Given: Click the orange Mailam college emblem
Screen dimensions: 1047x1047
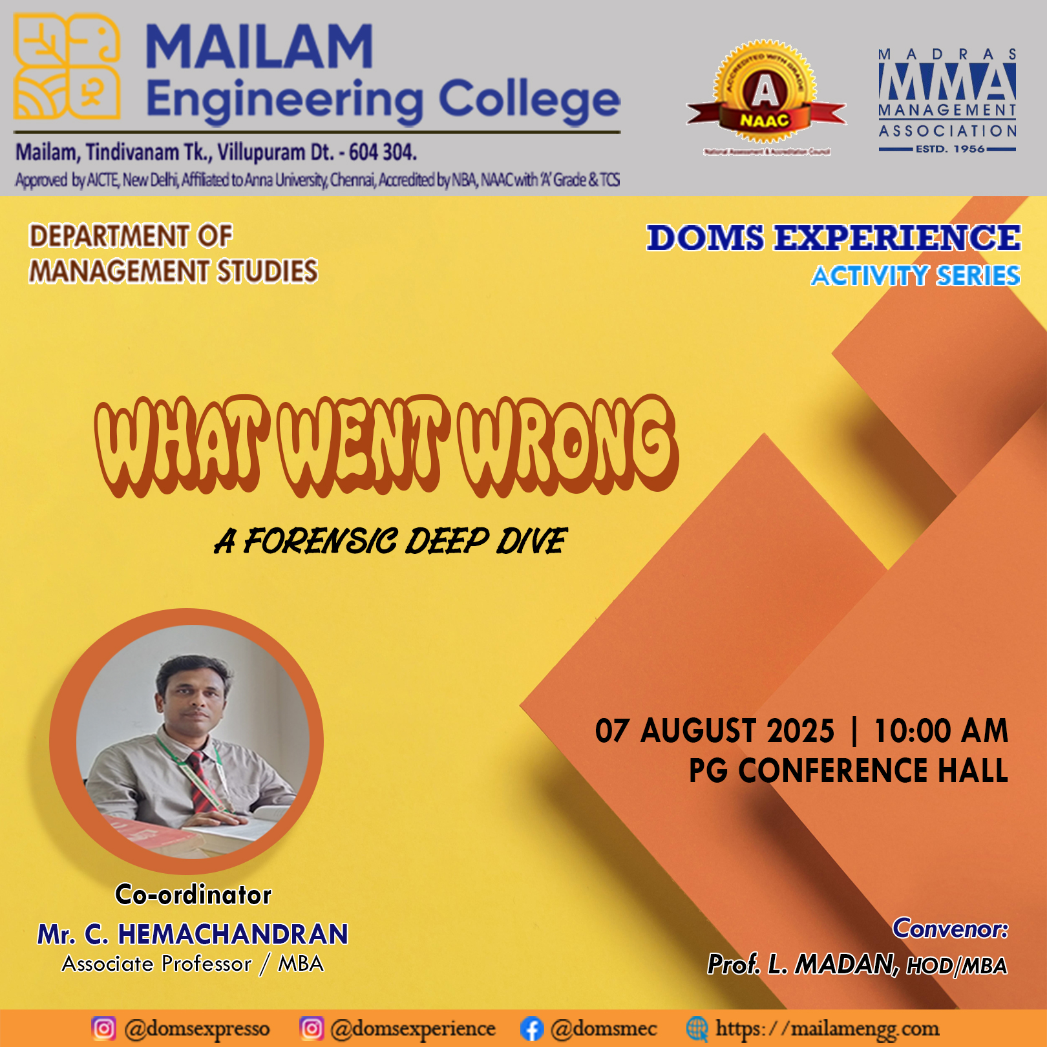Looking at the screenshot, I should coord(67,67).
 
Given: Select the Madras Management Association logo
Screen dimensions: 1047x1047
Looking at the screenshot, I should coord(947,101).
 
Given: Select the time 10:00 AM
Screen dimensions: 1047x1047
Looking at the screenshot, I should coord(940,731).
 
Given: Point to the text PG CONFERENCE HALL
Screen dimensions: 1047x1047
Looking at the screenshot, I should coord(848,771).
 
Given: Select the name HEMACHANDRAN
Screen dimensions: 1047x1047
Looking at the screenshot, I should coord(233,935).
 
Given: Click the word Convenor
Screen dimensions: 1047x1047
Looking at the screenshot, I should coord(949,929).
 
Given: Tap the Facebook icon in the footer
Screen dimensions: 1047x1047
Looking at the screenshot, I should coord(531,1029).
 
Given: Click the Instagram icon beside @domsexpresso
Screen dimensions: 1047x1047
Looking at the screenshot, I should coord(103,1028).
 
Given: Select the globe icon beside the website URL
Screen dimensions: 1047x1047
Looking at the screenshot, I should coord(697,1028).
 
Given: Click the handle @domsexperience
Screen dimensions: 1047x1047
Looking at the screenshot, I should coord(412,1029).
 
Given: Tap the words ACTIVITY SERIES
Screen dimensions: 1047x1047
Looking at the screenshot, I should coord(915,276).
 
